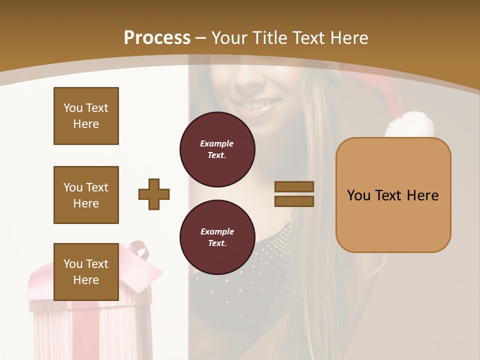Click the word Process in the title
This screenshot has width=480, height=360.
(157, 38)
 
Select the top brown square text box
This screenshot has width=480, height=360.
(86, 116)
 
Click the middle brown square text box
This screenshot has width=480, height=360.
(86, 195)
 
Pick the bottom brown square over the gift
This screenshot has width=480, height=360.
(86, 271)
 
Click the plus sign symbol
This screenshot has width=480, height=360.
(154, 194)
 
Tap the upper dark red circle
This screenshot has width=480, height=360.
(217, 149)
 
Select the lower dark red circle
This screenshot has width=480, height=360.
(217, 237)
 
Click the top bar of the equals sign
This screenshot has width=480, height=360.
(294, 186)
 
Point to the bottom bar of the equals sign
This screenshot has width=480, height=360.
(294, 201)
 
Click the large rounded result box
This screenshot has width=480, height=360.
(393, 195)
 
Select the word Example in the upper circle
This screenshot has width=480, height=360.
(216, 143)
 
